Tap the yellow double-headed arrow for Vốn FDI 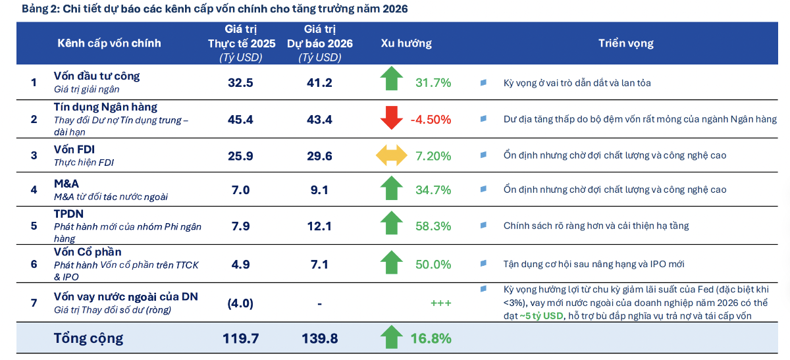(391, 156)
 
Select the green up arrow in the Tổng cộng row (391, 338)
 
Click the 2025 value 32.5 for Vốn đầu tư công (240, 82)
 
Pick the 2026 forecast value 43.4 (319, 119)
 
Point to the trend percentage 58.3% (433, 226)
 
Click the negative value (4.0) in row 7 (240, 303)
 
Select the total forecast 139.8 (319, 338)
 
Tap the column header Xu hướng (406, 43)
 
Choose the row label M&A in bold (66, 184)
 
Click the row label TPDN (68, 214)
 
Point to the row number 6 (34, 264)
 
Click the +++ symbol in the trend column (440, 303)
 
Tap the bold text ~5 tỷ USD (542, 316)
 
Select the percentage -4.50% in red (431, 119)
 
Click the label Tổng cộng (88, 338)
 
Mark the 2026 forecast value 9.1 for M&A (319, 190)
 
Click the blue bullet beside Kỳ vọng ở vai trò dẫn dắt (483, 83)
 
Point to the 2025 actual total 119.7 (240, 338)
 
